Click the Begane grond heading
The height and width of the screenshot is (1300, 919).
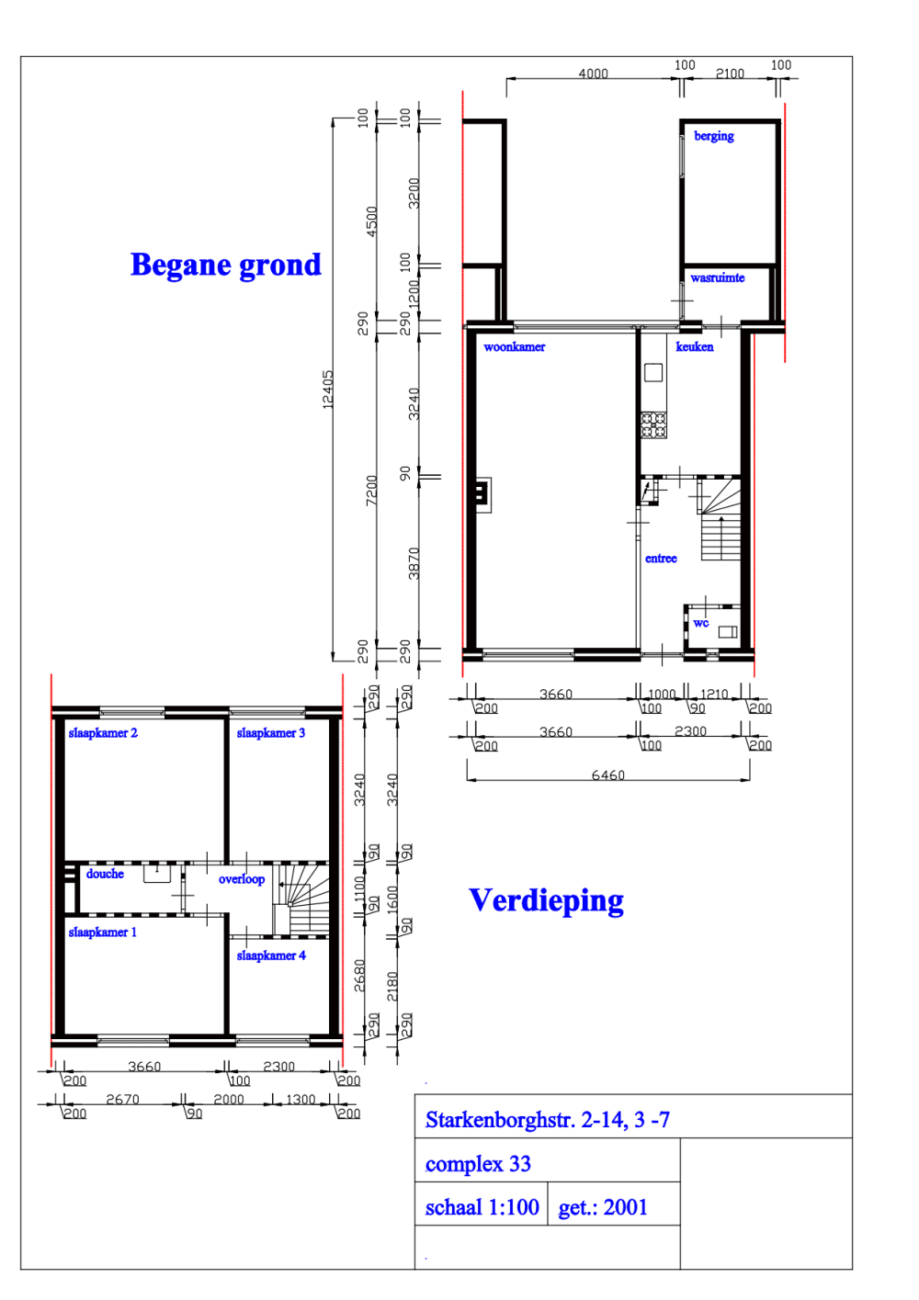(x=225, y=266)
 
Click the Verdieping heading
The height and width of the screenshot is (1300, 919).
(x=546, y=901)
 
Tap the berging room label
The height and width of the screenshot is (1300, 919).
(x=713, y=136)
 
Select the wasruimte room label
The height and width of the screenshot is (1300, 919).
(x=717, y=277)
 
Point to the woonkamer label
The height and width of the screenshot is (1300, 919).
(x=514, y=347)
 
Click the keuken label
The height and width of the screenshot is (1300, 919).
(x=694, y=347)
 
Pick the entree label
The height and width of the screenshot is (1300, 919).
(x=661, y=559)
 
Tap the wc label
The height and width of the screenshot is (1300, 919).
(x=701, y=623)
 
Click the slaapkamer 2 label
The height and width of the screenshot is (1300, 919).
(x=103, y=733)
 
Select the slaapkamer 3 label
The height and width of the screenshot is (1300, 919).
(x=270, y=733)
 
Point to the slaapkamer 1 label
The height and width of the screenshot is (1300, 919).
(x=102, y=933)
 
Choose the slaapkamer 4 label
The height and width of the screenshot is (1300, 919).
(x=270, y=955)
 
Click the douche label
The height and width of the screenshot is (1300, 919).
(x=105, y=875)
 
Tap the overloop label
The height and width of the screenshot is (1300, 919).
(x=241, y=879)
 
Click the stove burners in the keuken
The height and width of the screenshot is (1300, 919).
(x=653, y=424)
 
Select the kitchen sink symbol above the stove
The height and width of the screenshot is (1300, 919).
(x=653, y=372)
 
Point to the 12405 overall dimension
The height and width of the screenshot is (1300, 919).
(x=328, y=390)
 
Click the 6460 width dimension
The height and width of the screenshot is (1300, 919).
(x=607, y=775)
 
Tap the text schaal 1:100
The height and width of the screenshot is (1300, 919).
(x=482, y=1207)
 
